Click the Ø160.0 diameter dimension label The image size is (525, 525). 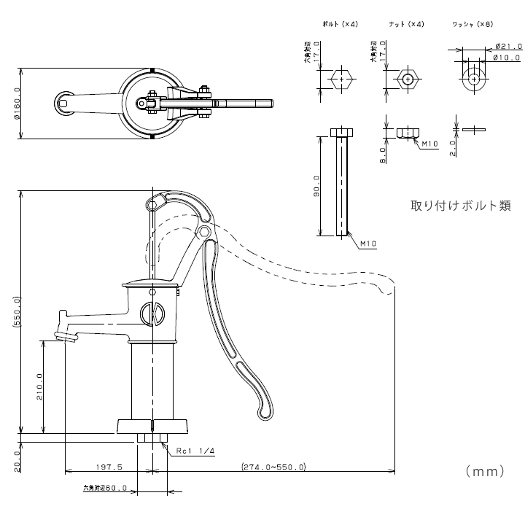(x=15, y=104)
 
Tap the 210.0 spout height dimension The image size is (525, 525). (x=39, y=387)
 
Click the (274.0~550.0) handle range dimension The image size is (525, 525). (x=273, y=467)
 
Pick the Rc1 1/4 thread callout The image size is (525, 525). (x=195, y=451)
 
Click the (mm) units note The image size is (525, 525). (x=485, y=472)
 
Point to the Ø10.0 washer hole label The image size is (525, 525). (x=506, y=57)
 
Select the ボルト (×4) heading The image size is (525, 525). (x=340, y=25)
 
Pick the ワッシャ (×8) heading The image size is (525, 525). (x=472, y=25)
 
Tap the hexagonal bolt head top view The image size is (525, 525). (x=342, y=78)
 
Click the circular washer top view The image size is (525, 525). (x=474, y=78)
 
